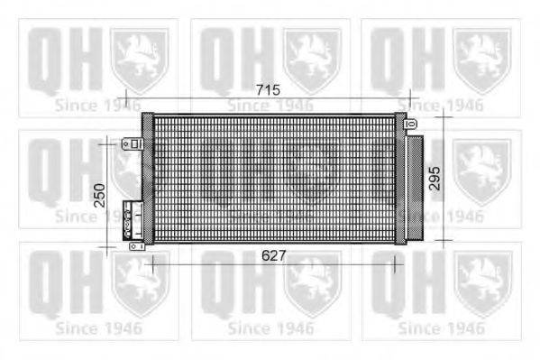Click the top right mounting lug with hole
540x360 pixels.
(410, 123)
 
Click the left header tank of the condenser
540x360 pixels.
(149, 180)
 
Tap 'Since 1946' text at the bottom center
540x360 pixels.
(270, 328)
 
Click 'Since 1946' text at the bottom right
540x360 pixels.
(442, 328)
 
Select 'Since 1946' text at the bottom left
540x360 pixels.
(99, 328)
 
